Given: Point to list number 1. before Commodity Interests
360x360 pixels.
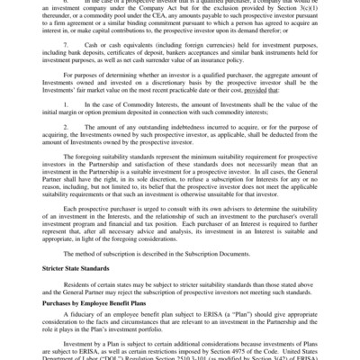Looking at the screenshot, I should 66,130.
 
